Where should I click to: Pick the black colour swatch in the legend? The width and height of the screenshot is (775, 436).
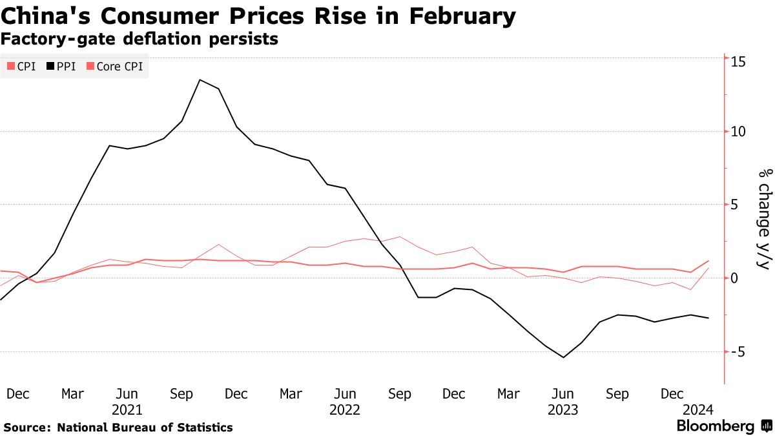51,67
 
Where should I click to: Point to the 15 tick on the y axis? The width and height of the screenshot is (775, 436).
738,61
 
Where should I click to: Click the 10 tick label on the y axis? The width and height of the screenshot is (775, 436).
738,132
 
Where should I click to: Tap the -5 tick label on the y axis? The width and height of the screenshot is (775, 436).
738,352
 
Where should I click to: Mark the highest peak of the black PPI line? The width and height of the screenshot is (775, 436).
200,79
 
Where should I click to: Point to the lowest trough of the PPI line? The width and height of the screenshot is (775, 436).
564,357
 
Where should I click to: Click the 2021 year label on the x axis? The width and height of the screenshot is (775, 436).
127,410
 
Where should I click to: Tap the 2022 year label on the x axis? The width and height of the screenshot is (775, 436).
345,410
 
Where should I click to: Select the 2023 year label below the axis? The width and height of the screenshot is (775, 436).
563,410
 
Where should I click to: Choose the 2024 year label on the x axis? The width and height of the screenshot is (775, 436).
699,410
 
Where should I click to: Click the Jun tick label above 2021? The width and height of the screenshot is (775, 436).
127,394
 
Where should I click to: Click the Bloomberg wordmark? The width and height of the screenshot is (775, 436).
715,426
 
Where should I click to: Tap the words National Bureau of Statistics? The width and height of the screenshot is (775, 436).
145,428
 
